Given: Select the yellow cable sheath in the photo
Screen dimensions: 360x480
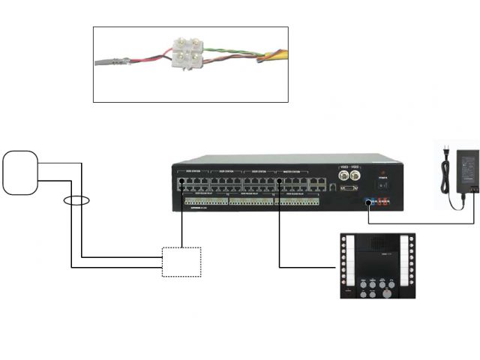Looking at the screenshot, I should [274, 54].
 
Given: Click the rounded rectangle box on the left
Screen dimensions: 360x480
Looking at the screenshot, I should [20, 172].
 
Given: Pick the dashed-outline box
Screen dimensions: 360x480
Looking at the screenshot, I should [181, 262].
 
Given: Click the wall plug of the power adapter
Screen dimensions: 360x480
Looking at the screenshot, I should [448, 155].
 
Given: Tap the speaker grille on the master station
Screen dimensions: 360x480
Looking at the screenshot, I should [377, 244].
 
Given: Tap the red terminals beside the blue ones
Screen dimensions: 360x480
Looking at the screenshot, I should [383, 202].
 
